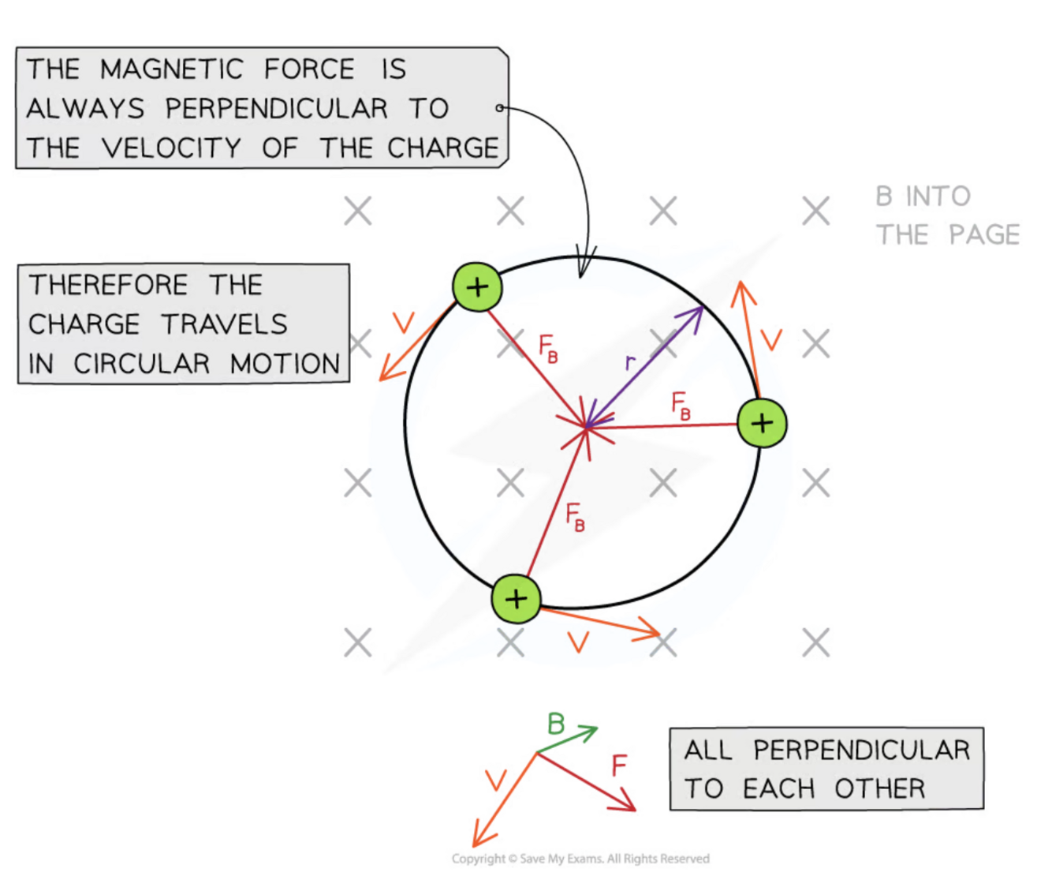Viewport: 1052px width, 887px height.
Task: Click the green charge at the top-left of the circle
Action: [477, 287]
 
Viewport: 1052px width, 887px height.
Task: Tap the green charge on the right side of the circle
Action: [762, 423]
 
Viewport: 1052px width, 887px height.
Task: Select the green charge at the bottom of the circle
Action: [516, 599]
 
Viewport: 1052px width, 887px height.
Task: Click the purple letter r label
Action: [629, 362]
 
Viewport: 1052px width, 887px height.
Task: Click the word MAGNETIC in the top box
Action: [172, 69]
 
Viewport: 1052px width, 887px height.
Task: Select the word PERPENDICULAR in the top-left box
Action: [276, 109]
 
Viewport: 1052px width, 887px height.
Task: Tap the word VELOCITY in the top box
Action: [171, 148]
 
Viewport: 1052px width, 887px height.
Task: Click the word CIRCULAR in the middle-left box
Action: [142, 364]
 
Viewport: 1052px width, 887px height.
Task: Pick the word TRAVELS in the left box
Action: [225, 324]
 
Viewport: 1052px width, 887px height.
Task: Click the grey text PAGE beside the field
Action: [984, 235]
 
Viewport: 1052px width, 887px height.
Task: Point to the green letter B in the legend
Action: [556, 724]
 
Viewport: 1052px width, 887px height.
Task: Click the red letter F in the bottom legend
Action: [619, 765]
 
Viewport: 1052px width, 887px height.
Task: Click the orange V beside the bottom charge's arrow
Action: [578, 642]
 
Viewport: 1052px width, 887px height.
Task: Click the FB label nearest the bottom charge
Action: [576, 518]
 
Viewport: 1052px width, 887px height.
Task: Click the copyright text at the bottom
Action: [580, 859]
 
